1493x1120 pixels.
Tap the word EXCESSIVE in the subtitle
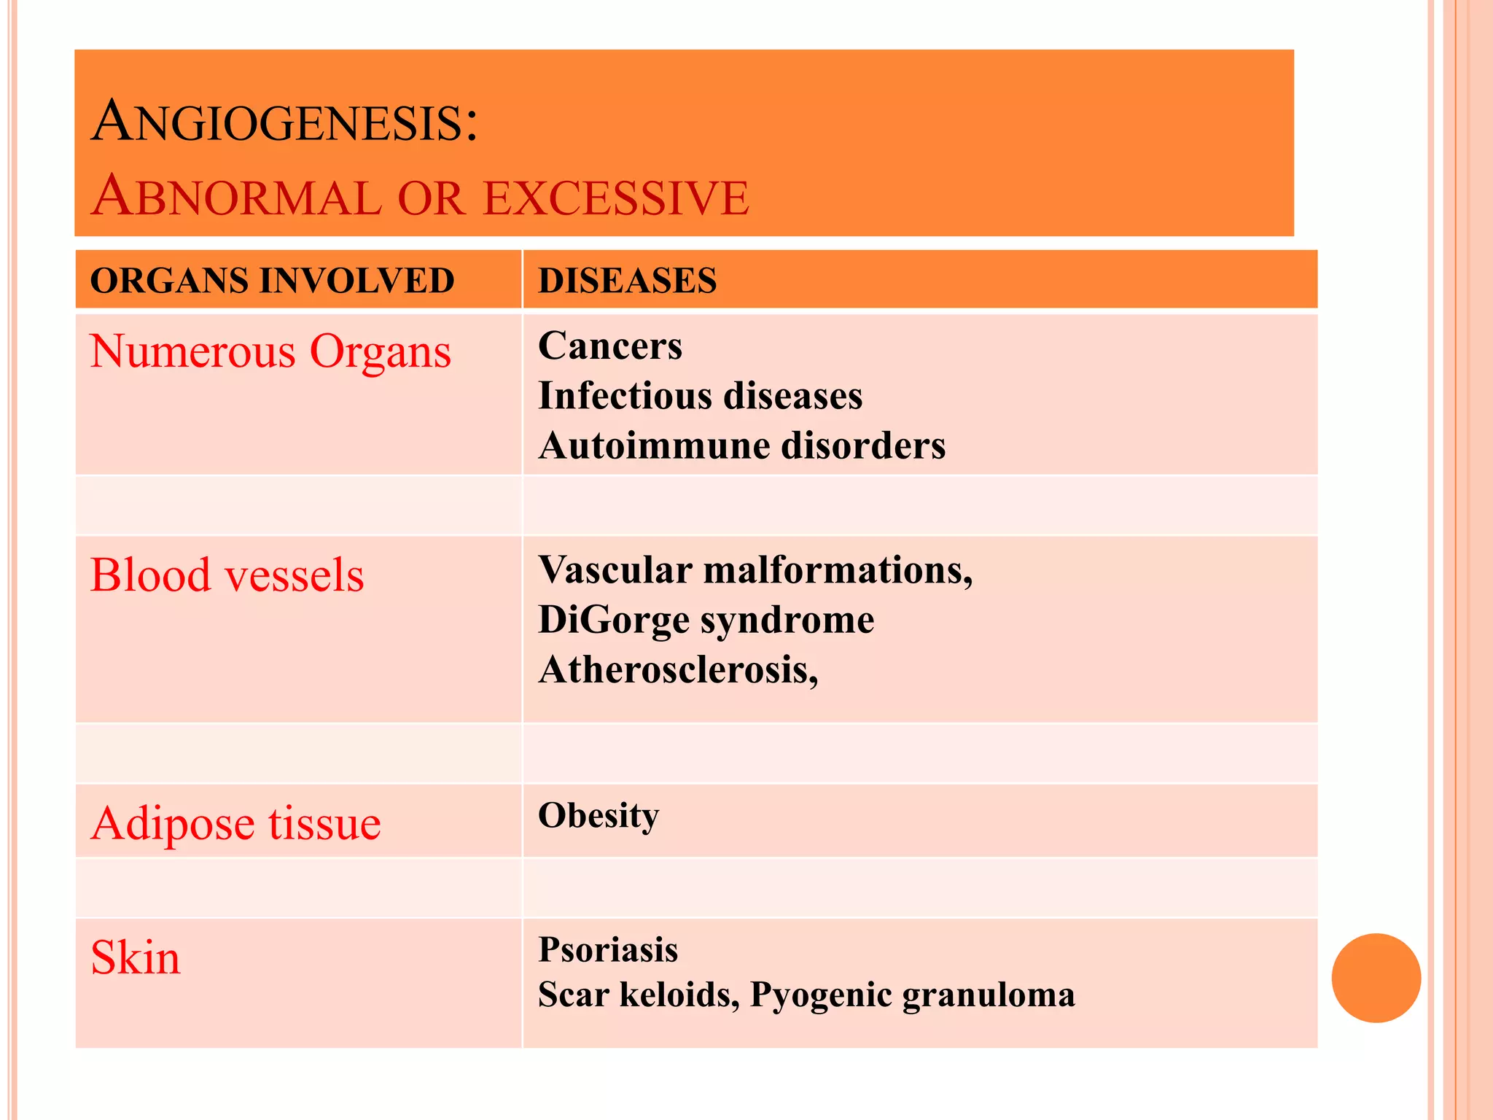point(616,198)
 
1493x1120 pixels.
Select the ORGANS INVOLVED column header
point(272,281)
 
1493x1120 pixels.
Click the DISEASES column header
point(627,281)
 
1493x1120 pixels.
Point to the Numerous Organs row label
point(270,351)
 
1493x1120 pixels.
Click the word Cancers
point(610,346)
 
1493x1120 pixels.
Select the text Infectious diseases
point(700,396)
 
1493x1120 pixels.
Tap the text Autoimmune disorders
point(741,446)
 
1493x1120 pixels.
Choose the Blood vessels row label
point(227,575)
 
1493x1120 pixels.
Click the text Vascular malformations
point(755,569)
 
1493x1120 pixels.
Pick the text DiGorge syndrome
point(706,620)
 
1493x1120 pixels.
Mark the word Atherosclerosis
point(677,669)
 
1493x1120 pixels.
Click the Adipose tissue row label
point(235,824)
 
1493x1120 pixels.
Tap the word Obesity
point(598,815)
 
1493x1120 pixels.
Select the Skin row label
point(136,957)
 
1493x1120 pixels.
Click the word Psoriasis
point(608,950)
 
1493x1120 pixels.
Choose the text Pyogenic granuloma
point(912,995)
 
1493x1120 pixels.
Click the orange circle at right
point(1376,978)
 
